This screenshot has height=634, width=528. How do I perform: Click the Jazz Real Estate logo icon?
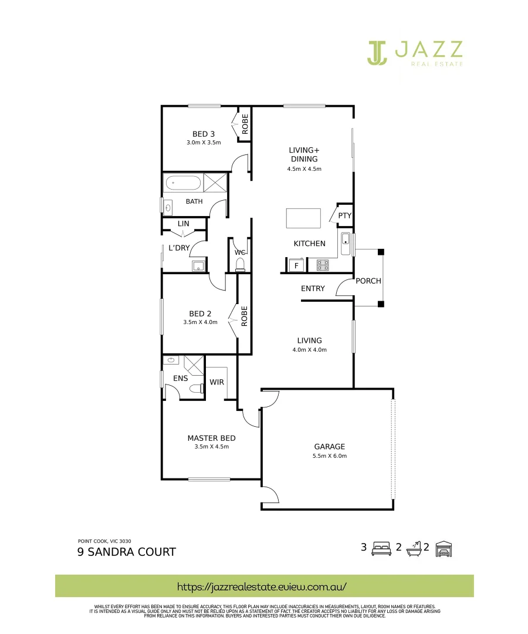[x=378, y=52]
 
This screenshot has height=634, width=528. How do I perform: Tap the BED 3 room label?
[x=203, y=134]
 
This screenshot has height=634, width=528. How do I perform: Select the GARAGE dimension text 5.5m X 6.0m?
[x=330, y=456]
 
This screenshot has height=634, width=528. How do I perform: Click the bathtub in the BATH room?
[x=183, y=183]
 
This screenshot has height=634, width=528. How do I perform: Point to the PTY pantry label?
[x=344, y=216]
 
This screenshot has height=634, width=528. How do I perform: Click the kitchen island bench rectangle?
[x=303, y=218]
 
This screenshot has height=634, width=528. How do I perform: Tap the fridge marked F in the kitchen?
[x=296, y=265]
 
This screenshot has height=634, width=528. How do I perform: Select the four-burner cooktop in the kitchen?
[x=321, y=265]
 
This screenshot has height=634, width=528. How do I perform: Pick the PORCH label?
[x=368, y=281]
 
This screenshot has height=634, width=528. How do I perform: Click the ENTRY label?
[x=313, y=288]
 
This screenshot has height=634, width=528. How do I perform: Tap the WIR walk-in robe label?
[x=216, y=382]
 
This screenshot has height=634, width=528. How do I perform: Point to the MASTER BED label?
[x=211, y=438]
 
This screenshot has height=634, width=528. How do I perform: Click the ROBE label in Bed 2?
[x=245, y=316]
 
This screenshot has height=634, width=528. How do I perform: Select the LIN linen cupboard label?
[x=183, y=224]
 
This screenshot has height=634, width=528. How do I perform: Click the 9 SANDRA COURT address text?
[x=126, y=552]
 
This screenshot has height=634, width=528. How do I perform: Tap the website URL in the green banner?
[x=262, y=586]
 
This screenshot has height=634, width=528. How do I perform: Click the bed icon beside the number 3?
[x=381, y=549]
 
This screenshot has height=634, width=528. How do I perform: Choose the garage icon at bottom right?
[x=445, y=549]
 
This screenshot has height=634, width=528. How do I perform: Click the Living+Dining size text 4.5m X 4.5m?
[x=304, y=169]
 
